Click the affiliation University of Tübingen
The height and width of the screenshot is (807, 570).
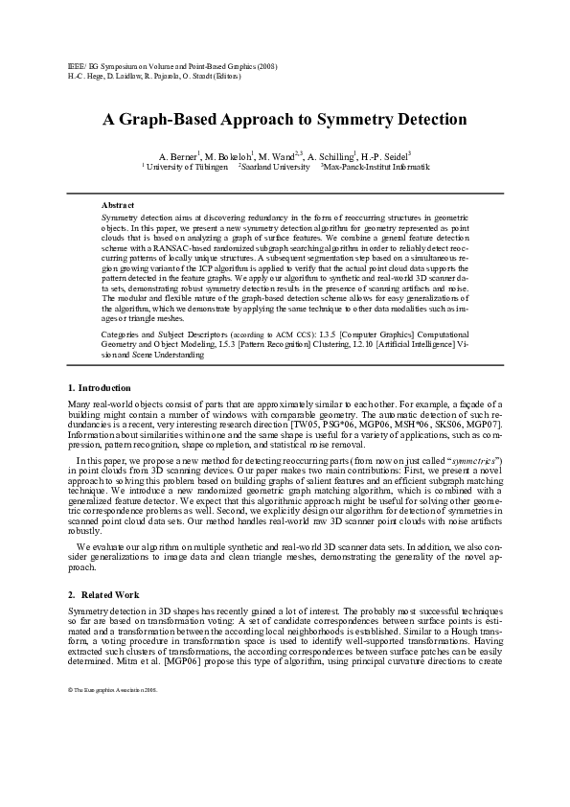point(187,167)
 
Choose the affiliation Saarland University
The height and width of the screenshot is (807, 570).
point(273,167)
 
